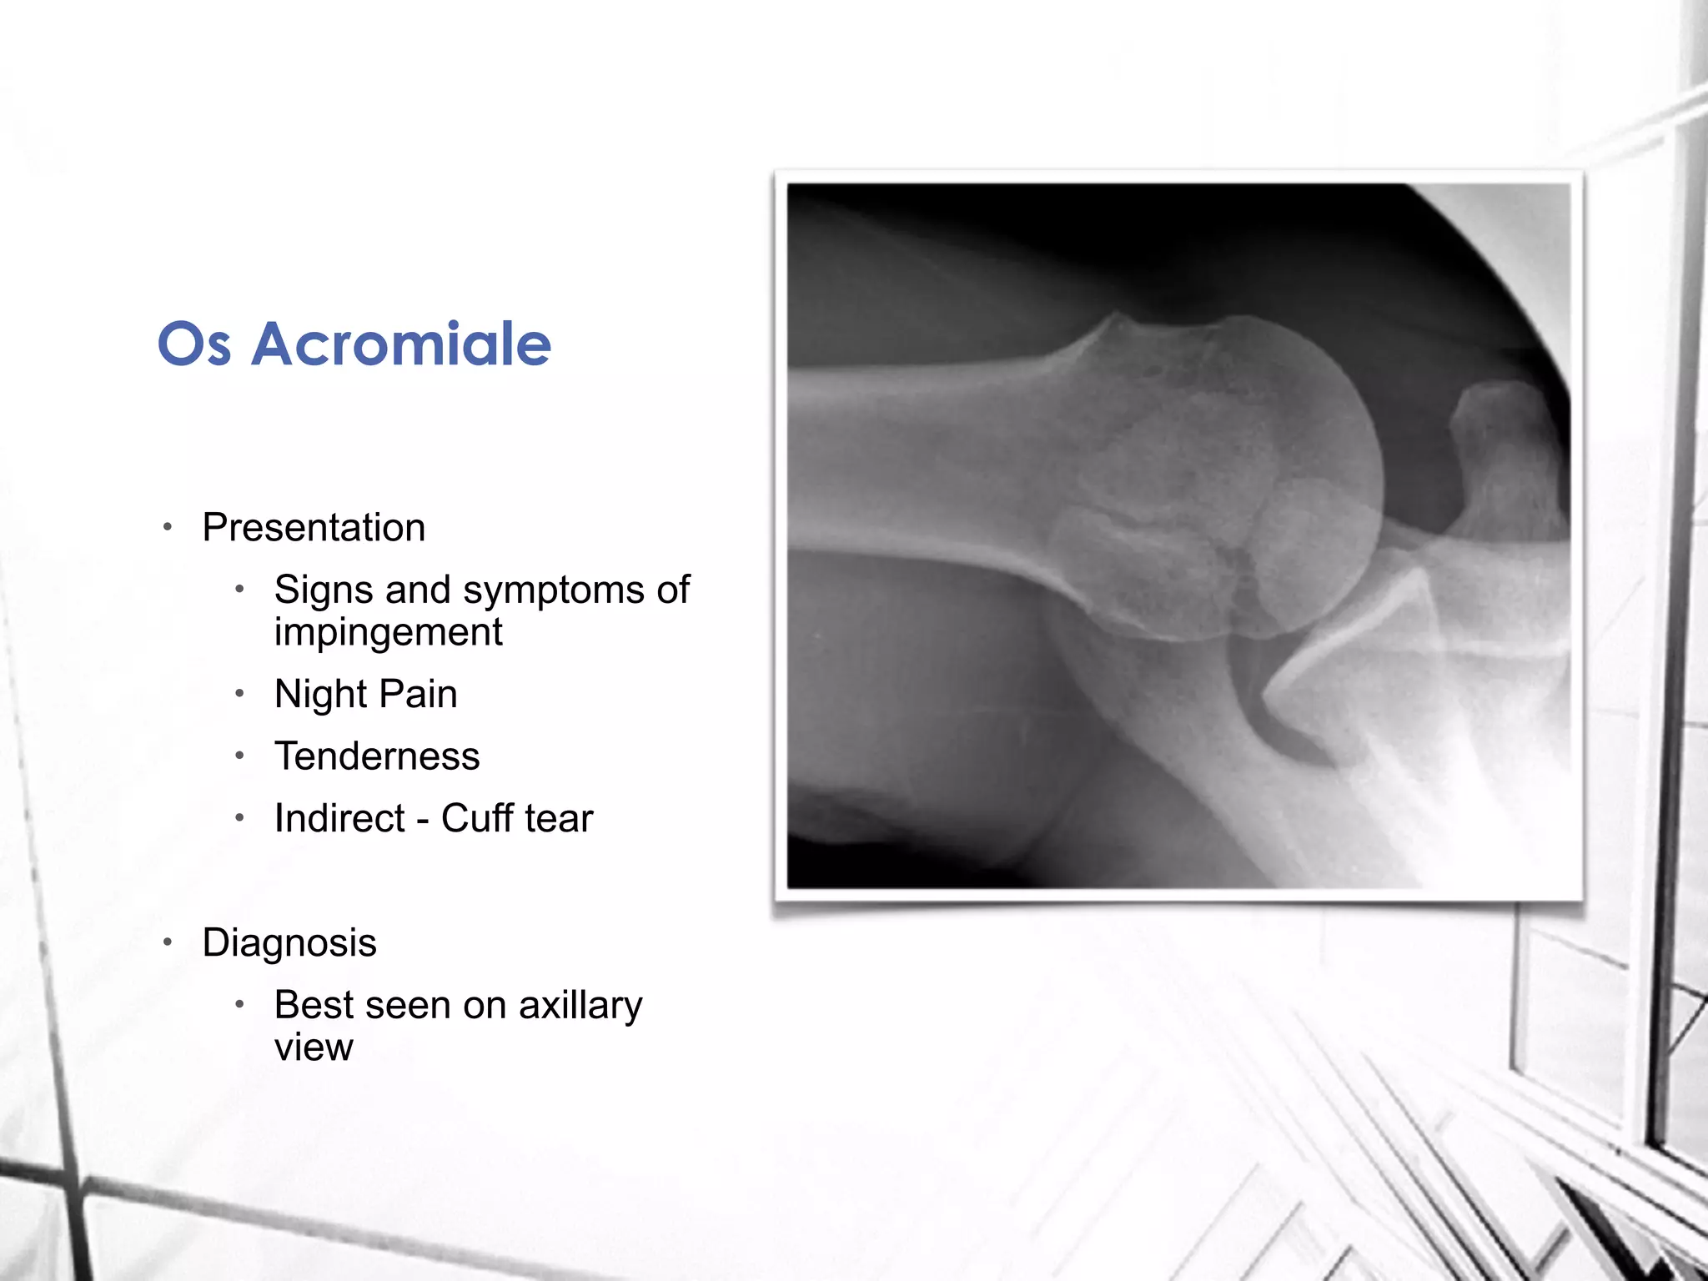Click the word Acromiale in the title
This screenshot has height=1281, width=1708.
pyautogui.click(x=401, y=344)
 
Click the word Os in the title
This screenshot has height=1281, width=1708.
pyautogui.click(x=193, y=344)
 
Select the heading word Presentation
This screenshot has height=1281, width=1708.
pyautogui.click(x=314, y=528)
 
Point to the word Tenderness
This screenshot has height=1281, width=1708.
pyautogui.click(x=377, y=756)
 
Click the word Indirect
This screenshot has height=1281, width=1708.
pyautogui.click(x=339, y=818)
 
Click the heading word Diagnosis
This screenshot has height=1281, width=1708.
pyautogui.click(x=289, y=943)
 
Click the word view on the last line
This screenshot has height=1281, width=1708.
pyautogui.click(x=314, y=1047)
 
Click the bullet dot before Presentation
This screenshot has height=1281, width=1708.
pyautogui.click(x=168, y=527)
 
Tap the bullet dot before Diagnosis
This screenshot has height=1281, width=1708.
pyautogui.click(x=168, y=942)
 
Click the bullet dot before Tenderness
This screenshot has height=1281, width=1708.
pyautogui.click(x=239, y=756)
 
